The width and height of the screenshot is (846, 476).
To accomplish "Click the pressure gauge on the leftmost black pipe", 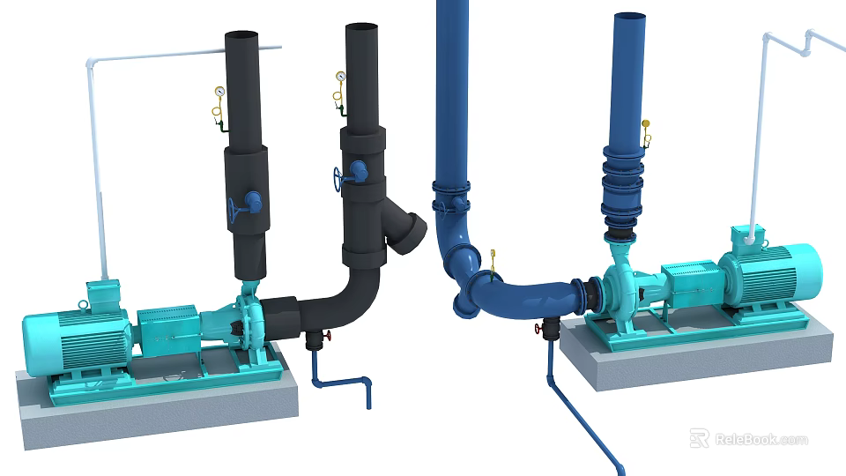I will point(218,91).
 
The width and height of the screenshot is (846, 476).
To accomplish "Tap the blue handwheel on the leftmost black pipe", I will point(234,210).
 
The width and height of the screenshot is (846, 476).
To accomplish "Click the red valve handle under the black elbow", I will point(327,338).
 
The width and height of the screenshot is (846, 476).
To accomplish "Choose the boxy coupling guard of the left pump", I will point(167,331).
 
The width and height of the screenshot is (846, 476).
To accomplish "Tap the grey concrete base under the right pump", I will point(696,357).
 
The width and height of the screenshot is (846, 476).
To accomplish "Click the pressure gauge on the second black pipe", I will point(339,77).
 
